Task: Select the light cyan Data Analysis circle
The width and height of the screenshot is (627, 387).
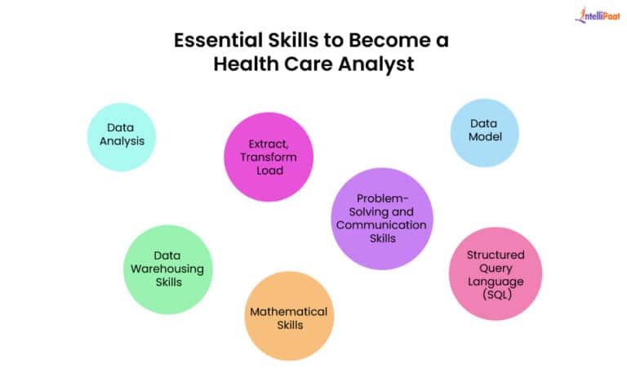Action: click(x=121, y=136)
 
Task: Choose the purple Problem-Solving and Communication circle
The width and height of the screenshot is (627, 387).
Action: click(x=381, y=219)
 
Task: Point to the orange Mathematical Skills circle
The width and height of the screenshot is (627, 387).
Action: click(x=289, y=317)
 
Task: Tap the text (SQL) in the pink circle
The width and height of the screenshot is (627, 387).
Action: click(x=496, y=294)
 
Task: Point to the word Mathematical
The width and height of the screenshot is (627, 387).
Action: click(x=289, y=311)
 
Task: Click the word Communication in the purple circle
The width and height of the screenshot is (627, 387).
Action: click(x=381, y=225)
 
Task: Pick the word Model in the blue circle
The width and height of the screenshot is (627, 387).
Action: click(x=485, y=137)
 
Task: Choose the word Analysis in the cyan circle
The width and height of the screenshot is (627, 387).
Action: click(x=121, y=141)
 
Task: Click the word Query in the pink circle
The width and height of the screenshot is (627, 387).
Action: click(x=496, y=268)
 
